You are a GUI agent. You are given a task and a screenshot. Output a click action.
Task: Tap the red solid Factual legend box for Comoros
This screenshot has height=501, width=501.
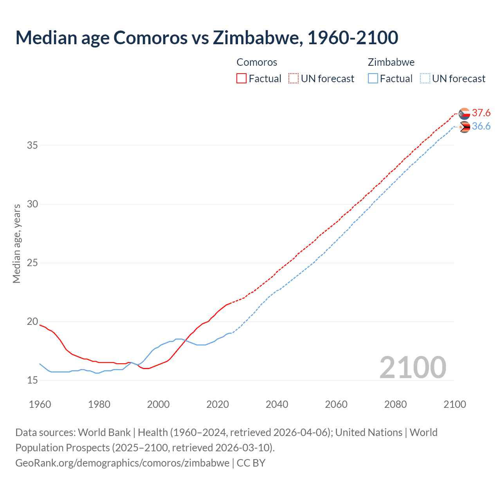(241, 78)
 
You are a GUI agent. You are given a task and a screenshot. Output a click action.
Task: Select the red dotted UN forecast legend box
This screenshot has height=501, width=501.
(294, 78)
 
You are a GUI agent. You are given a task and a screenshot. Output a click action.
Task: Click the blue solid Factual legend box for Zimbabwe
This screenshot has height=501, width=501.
(373, 78)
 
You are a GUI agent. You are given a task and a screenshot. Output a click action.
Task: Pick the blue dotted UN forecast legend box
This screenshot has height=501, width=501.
(425, 78)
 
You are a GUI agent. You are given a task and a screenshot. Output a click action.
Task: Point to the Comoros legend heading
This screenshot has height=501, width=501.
(257, 62)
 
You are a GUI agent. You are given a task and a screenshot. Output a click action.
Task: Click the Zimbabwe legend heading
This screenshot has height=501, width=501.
(391, 62)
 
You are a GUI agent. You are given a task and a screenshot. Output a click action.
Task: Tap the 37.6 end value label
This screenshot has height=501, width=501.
(481, 113)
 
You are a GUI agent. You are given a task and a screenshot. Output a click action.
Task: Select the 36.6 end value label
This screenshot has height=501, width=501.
(481, 126)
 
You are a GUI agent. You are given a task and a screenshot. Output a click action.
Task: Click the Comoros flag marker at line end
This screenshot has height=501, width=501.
(464, 114)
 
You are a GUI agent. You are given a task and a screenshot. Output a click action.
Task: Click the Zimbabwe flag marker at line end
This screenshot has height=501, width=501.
(464, 127)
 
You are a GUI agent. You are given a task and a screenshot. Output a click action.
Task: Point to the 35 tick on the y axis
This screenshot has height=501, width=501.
(32, 145)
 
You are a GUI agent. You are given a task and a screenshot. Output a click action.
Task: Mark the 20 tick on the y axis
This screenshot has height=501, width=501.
(32, 322)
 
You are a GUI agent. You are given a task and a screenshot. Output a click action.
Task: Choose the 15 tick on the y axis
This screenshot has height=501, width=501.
(32, 380)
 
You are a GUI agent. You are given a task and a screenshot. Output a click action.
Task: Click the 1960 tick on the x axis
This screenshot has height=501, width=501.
(40, 404)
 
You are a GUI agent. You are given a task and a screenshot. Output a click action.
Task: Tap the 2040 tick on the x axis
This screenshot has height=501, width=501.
(277, 404)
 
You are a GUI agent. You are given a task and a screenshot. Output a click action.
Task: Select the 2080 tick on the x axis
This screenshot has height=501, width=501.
(395, 404)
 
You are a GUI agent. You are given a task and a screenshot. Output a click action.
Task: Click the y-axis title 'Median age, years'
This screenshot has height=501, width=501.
(16, 243)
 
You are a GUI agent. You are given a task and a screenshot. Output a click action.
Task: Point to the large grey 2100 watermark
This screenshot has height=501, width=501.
(413, 368)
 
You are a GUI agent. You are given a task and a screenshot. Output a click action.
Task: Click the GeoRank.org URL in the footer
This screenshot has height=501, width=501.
(122, 463)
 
